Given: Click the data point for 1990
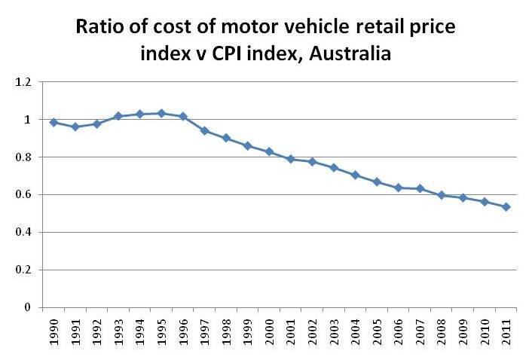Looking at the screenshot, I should [x=54, y=122].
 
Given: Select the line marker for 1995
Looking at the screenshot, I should [x=161, y=113].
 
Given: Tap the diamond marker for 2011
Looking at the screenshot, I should [x=506, y=206].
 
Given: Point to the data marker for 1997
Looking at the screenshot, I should [x=204, y=130].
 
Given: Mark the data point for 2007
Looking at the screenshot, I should [x=420, y=188].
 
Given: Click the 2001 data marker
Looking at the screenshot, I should [x=291, y=159].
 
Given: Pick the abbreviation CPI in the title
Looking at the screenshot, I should [x=228, y=55].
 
